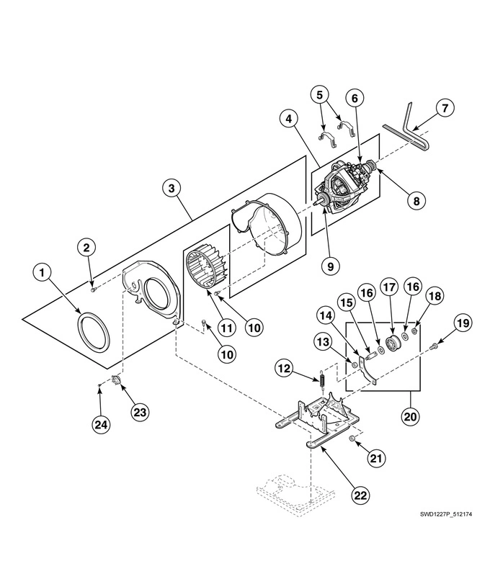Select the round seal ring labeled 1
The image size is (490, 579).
pos(93,336)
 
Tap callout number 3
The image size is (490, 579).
pos(171,189)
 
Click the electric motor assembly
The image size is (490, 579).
pos(344,188)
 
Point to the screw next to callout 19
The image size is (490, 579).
pos(434,349)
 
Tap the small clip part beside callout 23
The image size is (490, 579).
pos(116,380)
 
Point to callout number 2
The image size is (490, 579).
pos(86,248)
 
